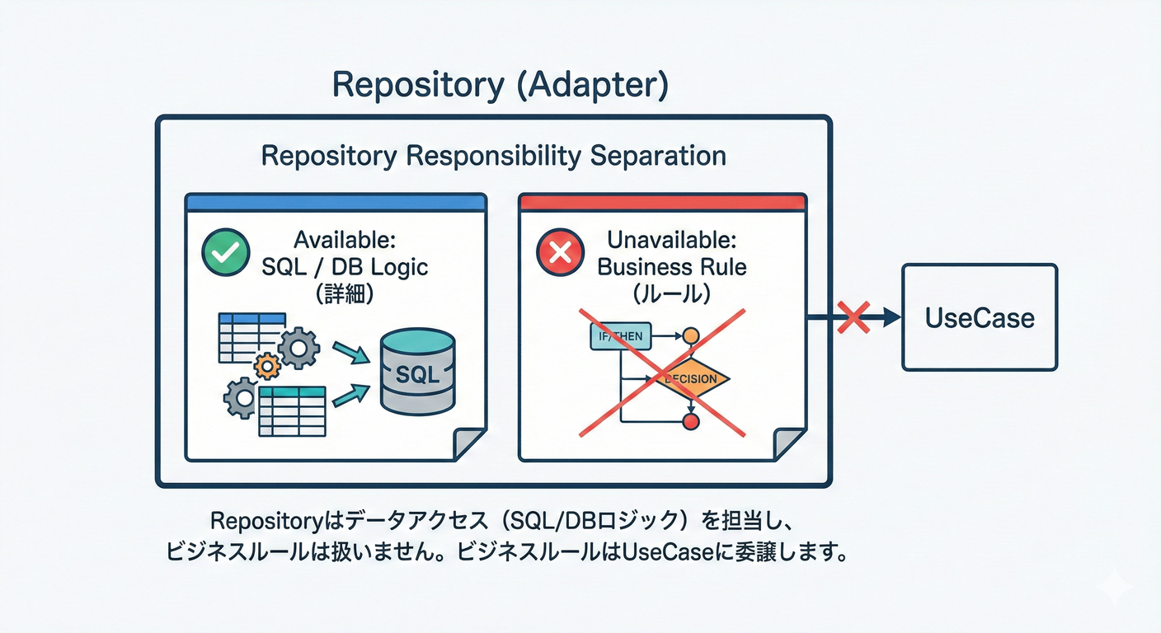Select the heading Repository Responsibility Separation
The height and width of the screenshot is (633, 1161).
[x=493, y=156]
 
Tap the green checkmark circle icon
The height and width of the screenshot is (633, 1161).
[x=225, y=252]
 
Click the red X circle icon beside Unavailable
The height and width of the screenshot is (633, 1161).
[x=560, y=252]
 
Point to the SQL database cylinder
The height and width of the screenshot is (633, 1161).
[x=417, y=372]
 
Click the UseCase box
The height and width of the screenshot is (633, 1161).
[x=980, y=317]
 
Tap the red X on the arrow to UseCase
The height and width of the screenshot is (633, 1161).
[x=853, y=317]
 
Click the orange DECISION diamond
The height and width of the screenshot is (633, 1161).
[x=691, y=379]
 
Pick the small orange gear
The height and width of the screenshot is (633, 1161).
[x=266, y=365]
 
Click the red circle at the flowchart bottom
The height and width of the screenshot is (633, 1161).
[x=691, y=422]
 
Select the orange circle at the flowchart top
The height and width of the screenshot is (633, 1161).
[x=691, y=335]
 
